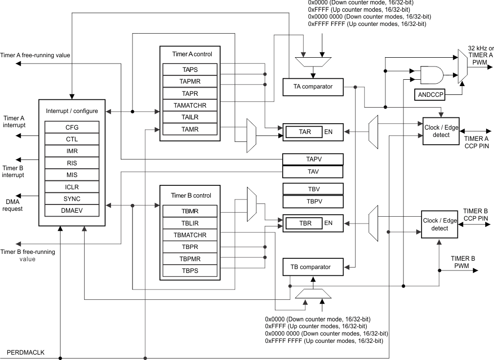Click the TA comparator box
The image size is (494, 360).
313,87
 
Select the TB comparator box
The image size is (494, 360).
313,267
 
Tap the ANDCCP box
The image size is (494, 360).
429,95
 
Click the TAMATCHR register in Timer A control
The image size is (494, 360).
190,105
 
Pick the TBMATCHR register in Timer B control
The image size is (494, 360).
190,235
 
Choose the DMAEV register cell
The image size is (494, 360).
72,211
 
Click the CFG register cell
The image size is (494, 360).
72,127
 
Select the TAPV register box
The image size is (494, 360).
313,159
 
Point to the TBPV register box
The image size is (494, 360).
313,201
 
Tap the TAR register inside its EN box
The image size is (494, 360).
305,132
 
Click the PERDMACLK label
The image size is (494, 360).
25,352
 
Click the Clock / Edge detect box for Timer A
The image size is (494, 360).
441,131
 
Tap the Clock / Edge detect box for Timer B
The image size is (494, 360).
439,225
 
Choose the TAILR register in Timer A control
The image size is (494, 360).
190,117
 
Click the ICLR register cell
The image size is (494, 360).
72,187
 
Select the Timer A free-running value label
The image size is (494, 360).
36,55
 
